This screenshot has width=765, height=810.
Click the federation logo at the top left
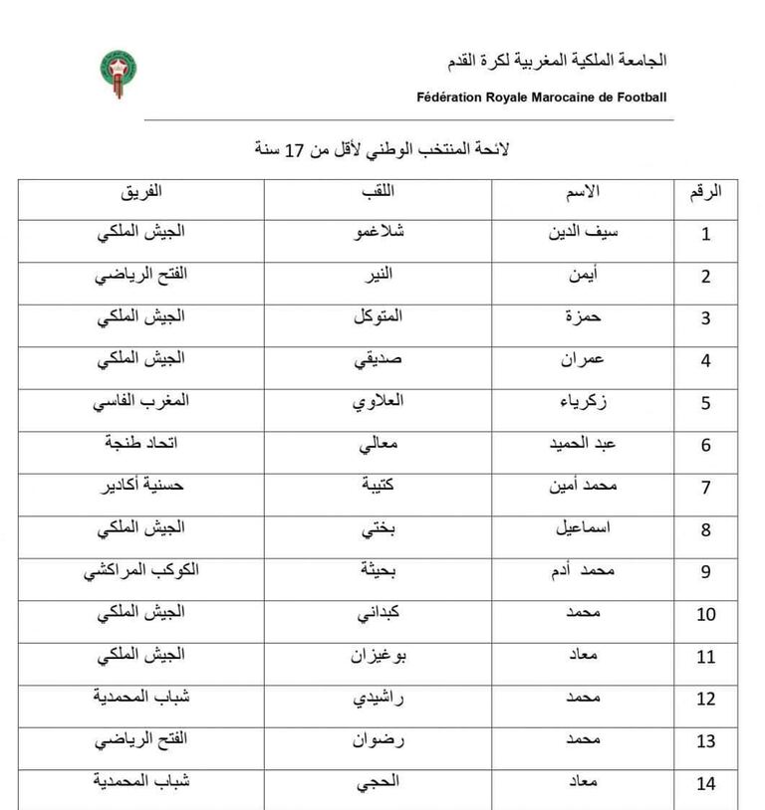(119, 75)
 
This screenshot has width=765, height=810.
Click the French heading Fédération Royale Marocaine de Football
(542, 98)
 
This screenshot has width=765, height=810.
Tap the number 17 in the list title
(295, 150)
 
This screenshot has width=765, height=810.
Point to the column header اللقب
(379, 191)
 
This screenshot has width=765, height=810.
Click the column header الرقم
(706, 191)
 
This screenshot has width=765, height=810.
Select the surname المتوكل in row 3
(379, 317)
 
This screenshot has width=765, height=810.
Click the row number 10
(706, 615)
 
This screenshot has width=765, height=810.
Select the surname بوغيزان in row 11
(378, 656)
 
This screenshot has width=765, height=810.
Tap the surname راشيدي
(378, 698)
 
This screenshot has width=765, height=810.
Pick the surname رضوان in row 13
(378, 740)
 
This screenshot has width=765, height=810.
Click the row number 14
(706, 784)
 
